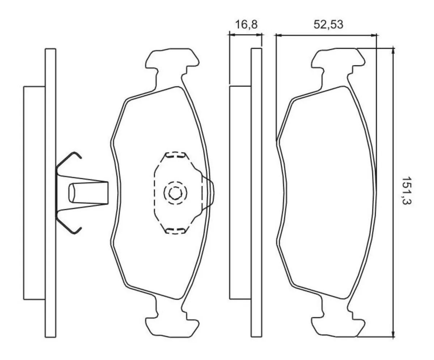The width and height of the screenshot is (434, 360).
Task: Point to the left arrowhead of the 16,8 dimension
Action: click(231, 35)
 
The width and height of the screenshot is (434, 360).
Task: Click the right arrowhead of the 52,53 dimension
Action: click(374, 35)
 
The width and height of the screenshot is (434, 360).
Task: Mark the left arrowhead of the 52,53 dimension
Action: click(278, 35)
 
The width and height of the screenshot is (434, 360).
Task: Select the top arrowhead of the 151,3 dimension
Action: click(393, 50)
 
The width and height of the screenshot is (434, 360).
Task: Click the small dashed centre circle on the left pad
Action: click(175, 193)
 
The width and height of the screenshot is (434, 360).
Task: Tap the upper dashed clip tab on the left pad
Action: click(175, 156)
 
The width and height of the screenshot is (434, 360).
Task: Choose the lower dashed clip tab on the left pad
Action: click(175, 230)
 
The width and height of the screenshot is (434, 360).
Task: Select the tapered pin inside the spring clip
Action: click(89, 192)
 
